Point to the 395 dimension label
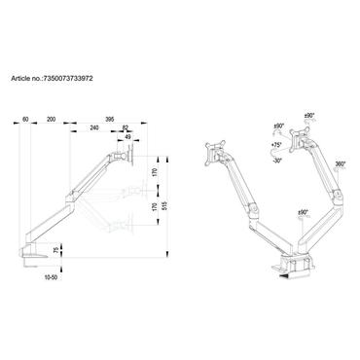coord(111,119)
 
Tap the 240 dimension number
coord(92,129)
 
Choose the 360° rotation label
coord(339,166)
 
